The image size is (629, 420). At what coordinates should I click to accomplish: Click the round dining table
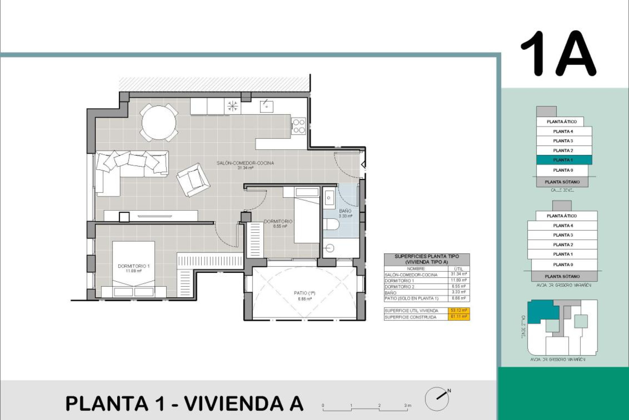tap(159, 122)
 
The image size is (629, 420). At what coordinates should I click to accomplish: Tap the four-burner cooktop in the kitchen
tap(298, 126)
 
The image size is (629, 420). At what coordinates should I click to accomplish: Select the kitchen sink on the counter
tap(267, 106)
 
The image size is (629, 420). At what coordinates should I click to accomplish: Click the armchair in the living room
tap(193, 180)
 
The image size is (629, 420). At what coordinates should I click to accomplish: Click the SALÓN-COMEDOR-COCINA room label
tap(245, 163)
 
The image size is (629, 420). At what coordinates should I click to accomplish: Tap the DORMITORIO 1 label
tap(134, 266)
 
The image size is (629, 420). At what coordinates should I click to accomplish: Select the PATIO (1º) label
tap(304, 293)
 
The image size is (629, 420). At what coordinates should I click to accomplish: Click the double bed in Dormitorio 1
tap(134, 266)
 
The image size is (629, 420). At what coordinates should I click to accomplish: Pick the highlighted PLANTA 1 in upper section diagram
tap(563, 160)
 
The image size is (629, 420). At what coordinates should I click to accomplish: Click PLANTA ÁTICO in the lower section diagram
tap(562, 216)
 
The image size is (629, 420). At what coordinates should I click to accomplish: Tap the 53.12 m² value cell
tap(459, 310)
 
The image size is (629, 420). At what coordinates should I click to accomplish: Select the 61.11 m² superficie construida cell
tap(459, 317)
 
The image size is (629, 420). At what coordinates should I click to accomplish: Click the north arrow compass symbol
tap(437, 398)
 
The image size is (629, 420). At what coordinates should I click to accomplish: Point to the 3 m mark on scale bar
tap(407, 406)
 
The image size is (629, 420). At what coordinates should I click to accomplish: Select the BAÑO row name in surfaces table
tap(391, 293)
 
